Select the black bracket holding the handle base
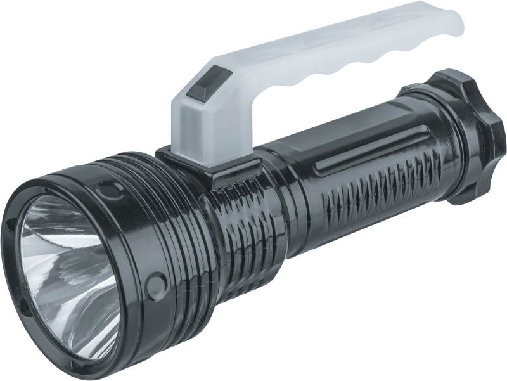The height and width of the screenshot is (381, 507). click(209, 166)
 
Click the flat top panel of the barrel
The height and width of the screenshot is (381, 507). click(330, 136)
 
